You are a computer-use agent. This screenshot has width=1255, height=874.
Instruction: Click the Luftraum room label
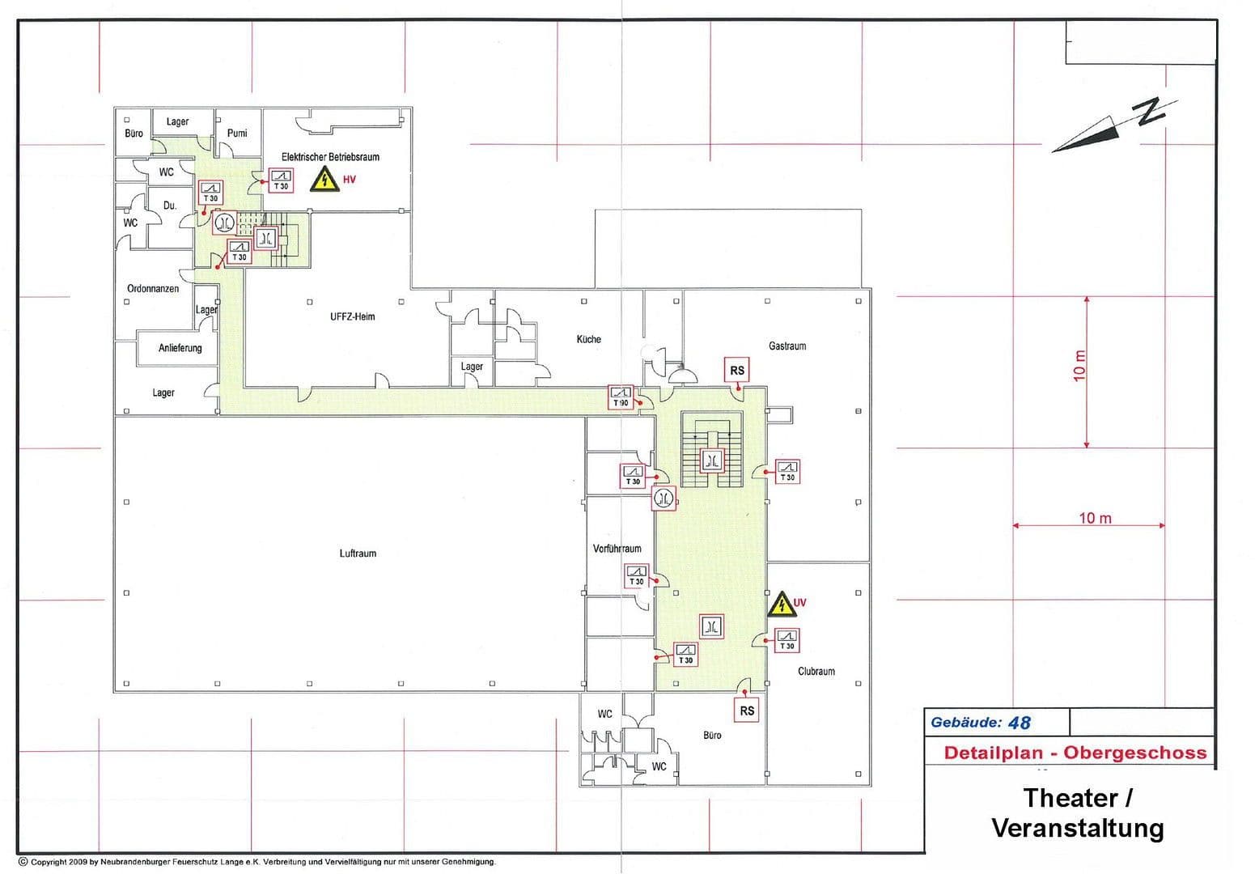pyautogui.click(x=358, y=554)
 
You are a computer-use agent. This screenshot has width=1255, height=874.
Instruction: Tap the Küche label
pyautogui.click(x=588, y=339)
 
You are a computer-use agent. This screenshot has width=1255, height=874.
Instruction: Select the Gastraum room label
pyautogui.click(x=786, y=346)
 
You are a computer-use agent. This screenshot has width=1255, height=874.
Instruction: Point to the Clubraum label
pyautogui.click(x=816, y=671)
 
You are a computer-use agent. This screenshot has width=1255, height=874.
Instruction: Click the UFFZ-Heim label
pyautogui.click(x=352, y=316)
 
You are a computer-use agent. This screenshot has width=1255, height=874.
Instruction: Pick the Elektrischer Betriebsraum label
pyautogui.click(x=330, y=156)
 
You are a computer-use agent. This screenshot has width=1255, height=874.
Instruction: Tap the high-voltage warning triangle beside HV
pyautogui.click(x=324, y=179)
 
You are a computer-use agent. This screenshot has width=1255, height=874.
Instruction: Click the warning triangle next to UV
pyautogui.click(x=780, y=604)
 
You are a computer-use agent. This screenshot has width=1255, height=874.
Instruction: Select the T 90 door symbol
pyautogui.click(x=620, y=397)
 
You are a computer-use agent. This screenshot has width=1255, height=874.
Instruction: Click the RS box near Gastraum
pyautogui.click(x=737, y=371)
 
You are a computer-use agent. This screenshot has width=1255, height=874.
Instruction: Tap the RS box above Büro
pyautogui.click(x=747, y=711)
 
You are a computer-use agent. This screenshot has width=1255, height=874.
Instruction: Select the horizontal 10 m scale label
pyautogui.click(x=1095, y=518)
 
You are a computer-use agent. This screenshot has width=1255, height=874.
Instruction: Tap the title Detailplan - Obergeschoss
pyautogui.click(x=1075, y=753)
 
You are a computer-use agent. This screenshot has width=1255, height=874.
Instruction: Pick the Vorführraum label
pyautogui.click(x=617, y=549)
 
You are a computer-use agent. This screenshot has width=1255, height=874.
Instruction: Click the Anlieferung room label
pyautogui.click(x=180, y=348)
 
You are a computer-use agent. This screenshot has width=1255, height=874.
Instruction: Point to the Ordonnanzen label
pyautogui.click(x=153, y=288)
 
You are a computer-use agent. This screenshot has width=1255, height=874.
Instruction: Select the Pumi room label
pyautogui.click(x=237, y=133)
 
